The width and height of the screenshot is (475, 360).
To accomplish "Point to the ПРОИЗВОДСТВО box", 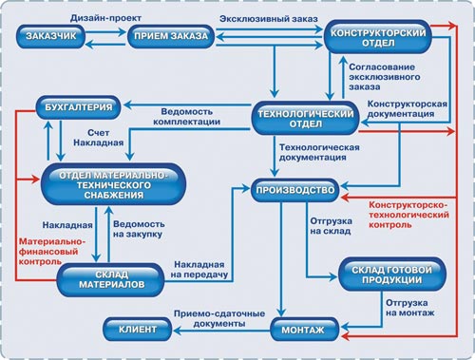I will tap(295, 191).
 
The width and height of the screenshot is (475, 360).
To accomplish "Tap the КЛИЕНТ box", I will tap(138, 331).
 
